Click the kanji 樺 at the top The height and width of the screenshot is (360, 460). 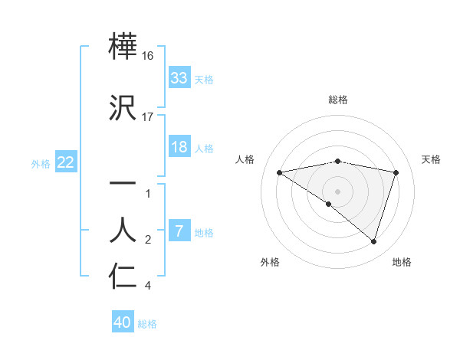[124, 47]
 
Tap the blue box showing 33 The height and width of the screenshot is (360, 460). [179, 78]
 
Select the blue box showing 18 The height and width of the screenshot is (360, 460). [179, 147]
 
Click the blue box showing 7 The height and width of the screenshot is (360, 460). [179, 231]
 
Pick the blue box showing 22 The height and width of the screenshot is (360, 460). [65, 162]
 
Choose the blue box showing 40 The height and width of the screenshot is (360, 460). [123, 322]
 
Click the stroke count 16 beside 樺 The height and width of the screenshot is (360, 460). [148, 56]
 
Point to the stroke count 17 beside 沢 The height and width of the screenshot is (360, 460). [148, 117]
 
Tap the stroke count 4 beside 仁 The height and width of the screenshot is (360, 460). [148, 286]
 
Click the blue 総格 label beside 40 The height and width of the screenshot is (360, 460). [147, 324]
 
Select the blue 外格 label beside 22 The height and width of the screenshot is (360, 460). [41, 163]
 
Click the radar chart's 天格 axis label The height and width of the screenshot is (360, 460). [432, 159]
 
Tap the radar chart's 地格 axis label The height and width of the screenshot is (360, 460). [402, 262]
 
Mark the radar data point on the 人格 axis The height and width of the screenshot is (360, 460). [279, 172]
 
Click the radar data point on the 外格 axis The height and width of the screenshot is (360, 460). [329, 204]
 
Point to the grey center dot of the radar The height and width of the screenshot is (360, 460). [337, 191]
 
